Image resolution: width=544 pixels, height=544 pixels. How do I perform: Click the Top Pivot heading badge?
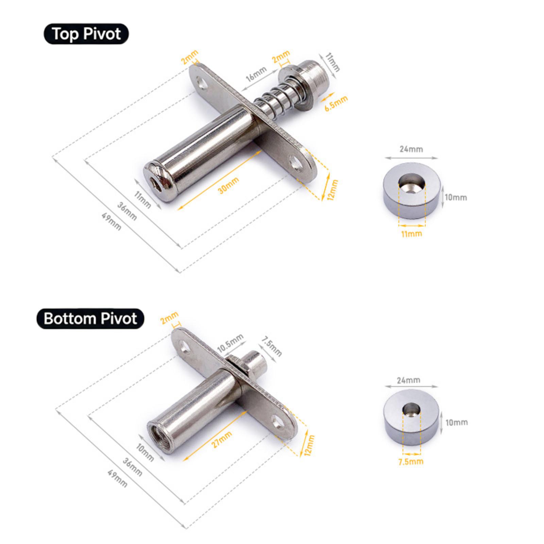click(86, 34)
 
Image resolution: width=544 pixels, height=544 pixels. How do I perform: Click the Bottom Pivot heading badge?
click(90, 319)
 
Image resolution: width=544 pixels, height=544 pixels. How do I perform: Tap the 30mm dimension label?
click(228, 185)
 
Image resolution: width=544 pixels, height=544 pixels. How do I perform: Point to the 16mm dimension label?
click(256, 74)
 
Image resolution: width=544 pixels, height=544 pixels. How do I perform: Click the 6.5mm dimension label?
click(336, 103)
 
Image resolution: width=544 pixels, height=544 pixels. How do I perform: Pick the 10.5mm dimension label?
click(231, 343)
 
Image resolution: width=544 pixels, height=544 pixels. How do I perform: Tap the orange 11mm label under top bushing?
click(411, 234)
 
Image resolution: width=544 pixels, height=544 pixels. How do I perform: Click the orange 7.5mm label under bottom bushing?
click(411, 461)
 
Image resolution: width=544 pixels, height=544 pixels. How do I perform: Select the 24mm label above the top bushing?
click(411, 149)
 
